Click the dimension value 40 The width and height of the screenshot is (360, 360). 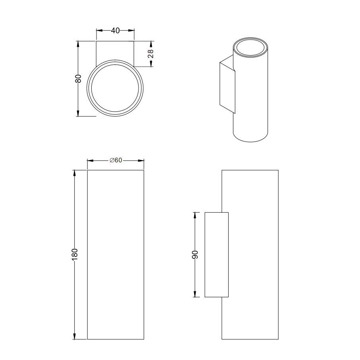pyautogui.click(x=115, y=30)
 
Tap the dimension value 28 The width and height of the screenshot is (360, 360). pyautogui.click(x=150, y=54)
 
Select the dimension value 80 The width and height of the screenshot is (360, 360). pyautogui.click(x=78, y=79)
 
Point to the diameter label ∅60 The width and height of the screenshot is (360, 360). pyautogui.click(x=116, y=160)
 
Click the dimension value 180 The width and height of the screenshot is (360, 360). pyautogui.click(x=75, y=254)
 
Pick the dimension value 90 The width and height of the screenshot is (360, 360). pyautogui.click(x=195, y=255)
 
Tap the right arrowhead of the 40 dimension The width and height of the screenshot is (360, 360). pyautogui.click(x=131, y=30)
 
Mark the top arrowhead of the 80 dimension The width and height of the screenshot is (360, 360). pyautogui.click(x=78, y=44)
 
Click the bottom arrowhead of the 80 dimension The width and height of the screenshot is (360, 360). pyautogui.click(x=78, y=113)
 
